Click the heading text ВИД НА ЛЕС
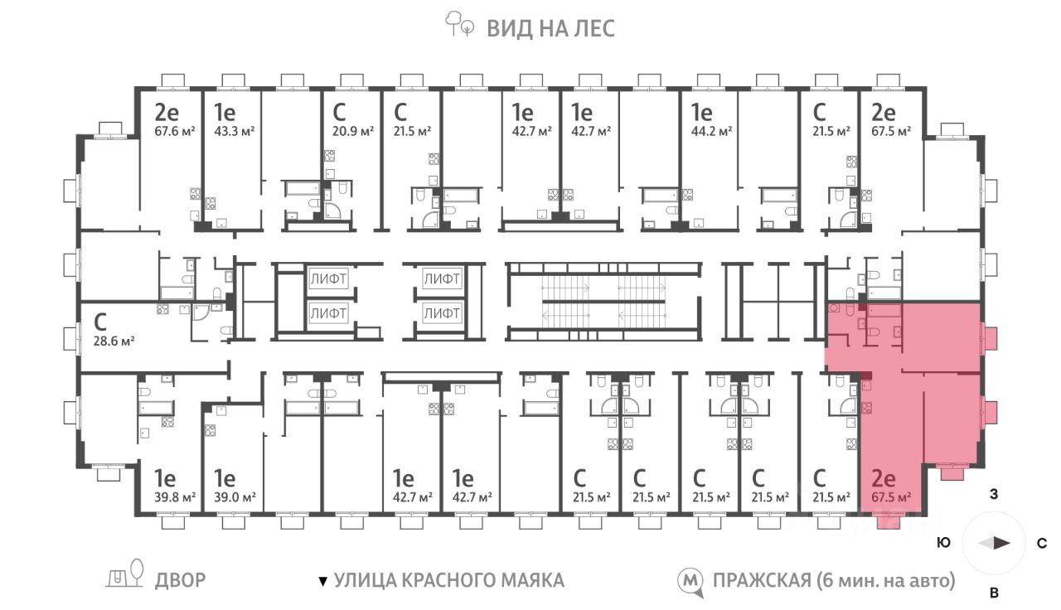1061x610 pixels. tap(550, 28)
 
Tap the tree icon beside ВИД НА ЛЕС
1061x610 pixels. tap(459, 24)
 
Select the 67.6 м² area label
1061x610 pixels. tap(175, 131)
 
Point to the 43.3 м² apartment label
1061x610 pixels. tap(235, 131)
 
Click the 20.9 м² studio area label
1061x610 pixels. tap(353, 131)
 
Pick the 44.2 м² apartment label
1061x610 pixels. tap(711, 131)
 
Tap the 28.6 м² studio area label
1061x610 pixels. tap(114, 341)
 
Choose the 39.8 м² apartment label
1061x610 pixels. tap(175, 498)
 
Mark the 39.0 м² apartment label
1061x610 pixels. tap(235, 498)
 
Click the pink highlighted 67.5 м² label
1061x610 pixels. tap(891, 498)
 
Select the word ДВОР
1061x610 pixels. tap(181, 580)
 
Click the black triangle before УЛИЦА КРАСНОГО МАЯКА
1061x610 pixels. tap(323, 581)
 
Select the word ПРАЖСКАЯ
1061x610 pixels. tap(762, 580)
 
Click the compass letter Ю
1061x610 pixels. tap(944, 543)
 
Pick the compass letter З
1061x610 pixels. tap(994, 494)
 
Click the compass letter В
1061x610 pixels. tap(994, 592)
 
